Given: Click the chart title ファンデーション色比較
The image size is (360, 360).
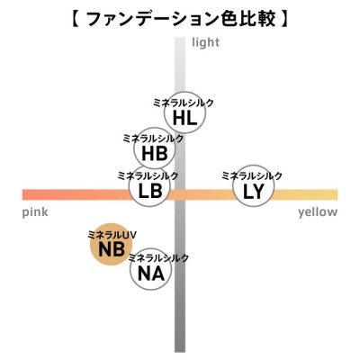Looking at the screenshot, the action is coord(181,20).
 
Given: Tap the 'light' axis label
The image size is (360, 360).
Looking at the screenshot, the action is coord(205,42).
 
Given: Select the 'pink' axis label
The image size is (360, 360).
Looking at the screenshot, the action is coord(35,212).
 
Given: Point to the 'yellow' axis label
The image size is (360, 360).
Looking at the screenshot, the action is coord(318,212).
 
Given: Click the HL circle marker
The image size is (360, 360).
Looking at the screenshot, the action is coord(184,112).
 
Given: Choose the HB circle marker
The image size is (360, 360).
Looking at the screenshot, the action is coord(154,148).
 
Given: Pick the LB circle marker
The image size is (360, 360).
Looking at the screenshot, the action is coord(150,186).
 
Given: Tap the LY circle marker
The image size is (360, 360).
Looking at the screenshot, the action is coord(254,186).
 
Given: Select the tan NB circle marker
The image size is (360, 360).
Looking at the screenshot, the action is coord(112,245).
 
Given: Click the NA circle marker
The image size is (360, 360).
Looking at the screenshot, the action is coord(151,269).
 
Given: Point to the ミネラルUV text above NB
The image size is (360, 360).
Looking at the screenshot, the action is coord(112,235).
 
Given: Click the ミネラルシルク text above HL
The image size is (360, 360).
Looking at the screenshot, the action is coord(183,103).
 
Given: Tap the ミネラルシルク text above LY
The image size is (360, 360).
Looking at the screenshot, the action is coord(252,175).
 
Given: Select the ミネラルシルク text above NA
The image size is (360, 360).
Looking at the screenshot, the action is coord(158,257).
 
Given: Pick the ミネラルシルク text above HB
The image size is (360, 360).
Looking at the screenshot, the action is coord(153,139).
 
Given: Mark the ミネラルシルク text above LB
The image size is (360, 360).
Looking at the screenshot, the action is coord(148,175).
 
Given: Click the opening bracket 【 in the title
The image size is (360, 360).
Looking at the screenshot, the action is coord(76,20).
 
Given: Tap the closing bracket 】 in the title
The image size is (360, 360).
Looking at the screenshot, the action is coord(283,20).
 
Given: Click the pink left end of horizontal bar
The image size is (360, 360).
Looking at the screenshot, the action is coord(22,194).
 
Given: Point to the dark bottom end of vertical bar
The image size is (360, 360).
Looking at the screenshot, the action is coord(180,351).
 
